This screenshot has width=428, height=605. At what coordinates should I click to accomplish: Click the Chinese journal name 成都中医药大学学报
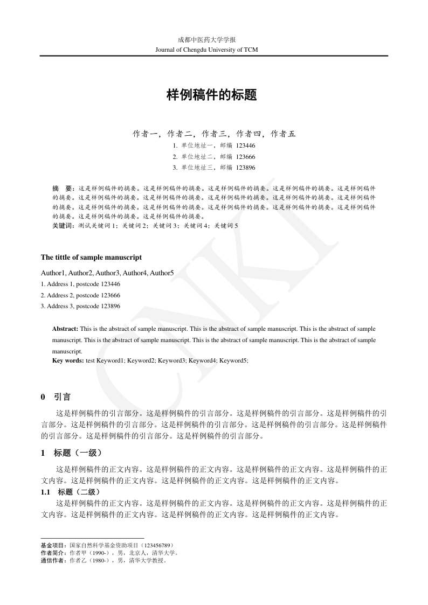214,40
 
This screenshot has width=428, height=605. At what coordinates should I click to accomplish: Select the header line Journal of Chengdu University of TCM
214,50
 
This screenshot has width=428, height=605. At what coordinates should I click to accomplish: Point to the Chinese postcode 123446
245,145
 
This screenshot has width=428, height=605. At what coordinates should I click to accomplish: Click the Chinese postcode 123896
245,168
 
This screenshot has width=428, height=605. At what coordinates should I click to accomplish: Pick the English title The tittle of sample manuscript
91,258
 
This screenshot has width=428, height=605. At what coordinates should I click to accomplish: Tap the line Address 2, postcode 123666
80,295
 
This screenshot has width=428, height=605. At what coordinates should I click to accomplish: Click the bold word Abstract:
65,329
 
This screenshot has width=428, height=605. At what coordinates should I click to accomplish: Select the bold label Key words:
68,360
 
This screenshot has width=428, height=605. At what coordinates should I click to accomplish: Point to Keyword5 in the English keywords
233,360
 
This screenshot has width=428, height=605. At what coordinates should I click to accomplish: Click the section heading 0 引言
56,398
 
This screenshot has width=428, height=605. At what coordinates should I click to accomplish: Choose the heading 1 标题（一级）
71,454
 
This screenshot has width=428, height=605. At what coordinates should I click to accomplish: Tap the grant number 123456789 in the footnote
152,545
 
